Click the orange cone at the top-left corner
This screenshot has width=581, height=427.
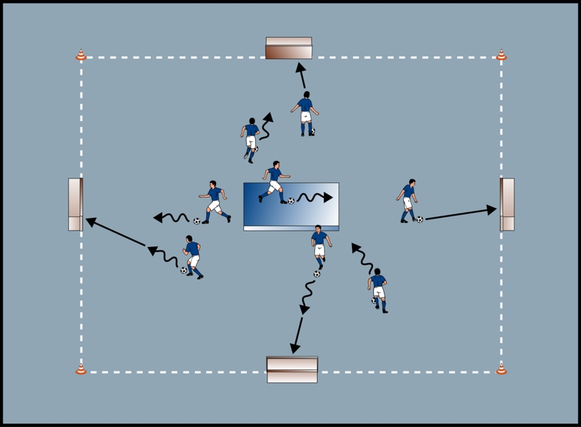tap(81, 55)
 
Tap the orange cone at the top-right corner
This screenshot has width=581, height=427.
tap(501, 55)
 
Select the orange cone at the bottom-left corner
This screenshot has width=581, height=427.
tap(81, 369)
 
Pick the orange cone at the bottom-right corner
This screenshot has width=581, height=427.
tap(501, 369)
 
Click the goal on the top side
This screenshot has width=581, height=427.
tap(289, 48)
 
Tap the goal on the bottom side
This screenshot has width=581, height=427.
tap(292, 369)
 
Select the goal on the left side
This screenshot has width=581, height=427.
tap(75, 204)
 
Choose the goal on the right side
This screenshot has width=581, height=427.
tap(507, 204)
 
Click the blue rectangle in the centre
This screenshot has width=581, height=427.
tap(291, 206)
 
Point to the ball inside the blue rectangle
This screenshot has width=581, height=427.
tap(291, 201)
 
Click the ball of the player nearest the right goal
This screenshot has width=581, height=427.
tap(420, 220)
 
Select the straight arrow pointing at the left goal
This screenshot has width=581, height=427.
tap(117, 233)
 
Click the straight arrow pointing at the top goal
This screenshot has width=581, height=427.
tap(302, 75)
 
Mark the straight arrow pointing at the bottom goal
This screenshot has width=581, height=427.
tap(297, 334)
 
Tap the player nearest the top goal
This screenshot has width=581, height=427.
tap(306, 113)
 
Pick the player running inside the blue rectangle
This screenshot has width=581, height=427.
tap(274, 181)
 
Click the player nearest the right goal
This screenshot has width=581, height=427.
tap(407, 200)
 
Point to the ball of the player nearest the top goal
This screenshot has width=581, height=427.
tap(313, 132)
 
